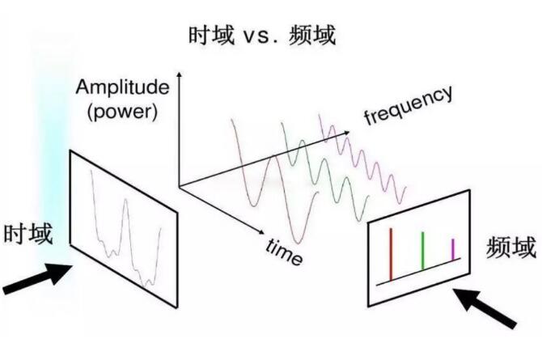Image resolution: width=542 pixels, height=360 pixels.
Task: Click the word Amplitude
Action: (123, 87)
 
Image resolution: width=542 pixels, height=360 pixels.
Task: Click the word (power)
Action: (123, 112)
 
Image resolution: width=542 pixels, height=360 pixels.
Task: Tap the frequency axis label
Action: (409, 105)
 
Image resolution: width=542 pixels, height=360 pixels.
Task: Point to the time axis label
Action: (284, 252)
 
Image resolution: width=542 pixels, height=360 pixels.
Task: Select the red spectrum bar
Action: (391, 255)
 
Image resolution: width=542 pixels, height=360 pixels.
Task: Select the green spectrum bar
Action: (422, 250)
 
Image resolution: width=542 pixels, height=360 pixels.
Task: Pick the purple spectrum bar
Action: (453, 249)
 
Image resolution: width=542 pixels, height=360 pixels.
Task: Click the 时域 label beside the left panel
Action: (28, 234)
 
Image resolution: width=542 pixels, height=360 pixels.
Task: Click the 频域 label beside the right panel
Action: (511, 247)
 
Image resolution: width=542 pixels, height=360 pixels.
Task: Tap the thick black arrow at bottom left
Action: (37, 278)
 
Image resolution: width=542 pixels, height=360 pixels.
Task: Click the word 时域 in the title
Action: (211, 36)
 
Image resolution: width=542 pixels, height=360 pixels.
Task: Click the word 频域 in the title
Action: (312, 36)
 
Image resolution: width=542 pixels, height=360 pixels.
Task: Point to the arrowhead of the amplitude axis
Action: (179, 74)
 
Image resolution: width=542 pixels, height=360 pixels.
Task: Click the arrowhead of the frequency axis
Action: (347, 133)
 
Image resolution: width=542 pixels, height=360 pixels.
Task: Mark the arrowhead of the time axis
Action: (261, 232)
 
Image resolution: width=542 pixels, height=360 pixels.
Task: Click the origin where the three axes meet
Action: (179, 187)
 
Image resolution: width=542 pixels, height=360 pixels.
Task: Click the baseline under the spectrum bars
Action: (418, 272)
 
